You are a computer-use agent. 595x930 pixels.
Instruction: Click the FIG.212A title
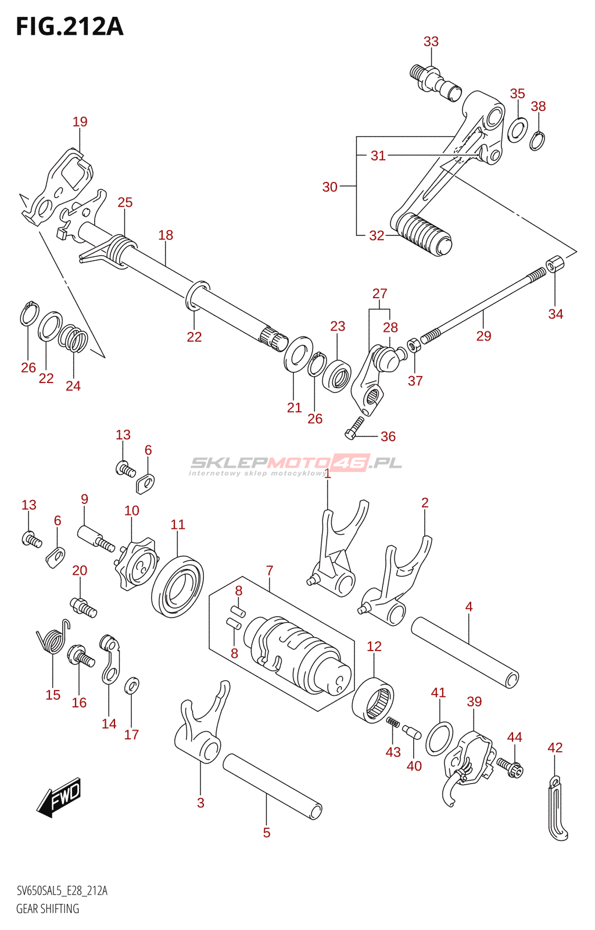tap(70, 27)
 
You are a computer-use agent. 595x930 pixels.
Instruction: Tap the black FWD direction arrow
tap(59, 796)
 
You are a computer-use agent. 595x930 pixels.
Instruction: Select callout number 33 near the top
tap(431, 41)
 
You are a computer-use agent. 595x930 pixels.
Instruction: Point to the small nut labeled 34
tap(554, 265)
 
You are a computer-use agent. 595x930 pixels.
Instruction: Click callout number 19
tap(80, 121)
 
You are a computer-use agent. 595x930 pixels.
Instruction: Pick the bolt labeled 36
tap(355, 428)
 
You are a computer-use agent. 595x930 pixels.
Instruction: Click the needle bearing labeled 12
tap(373, 700)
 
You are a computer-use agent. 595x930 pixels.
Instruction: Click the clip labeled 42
tap(557, 810)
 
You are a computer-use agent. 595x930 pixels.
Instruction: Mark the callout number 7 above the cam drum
tap(270, 571)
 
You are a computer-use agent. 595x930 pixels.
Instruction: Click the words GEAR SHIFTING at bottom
tap(48, 908)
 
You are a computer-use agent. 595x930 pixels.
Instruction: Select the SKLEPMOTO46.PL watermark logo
tap(296, 463)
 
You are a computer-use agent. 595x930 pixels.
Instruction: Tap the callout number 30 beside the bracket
tap(329, 187)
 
